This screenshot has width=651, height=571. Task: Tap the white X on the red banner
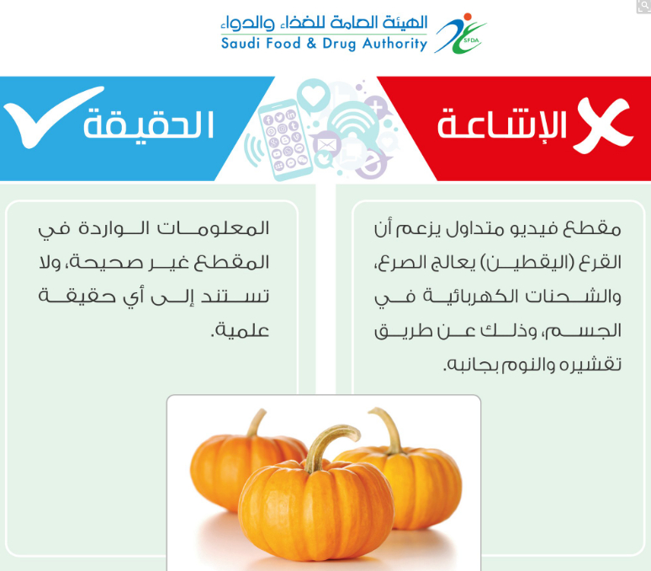(x=603, y=125)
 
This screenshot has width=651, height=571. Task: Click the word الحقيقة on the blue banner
(x=149, y=125)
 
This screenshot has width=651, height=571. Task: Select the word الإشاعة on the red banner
(x=501, y=124)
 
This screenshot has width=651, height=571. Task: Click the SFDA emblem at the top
(x=461, y=34)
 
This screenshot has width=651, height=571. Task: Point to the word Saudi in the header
(x=240, y=43)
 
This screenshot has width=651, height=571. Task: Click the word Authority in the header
(x=394, y=44)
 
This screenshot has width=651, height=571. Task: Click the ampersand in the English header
(x=311, y=44)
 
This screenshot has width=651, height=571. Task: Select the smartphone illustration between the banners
(x=285, y=140)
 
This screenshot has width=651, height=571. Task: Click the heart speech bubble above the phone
(x=314, y=95)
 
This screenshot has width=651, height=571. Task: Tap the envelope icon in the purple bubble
(x=326, y=146)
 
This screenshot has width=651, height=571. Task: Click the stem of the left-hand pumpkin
(x=257, y=423)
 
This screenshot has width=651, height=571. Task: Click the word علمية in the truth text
(x=240, y=331)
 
